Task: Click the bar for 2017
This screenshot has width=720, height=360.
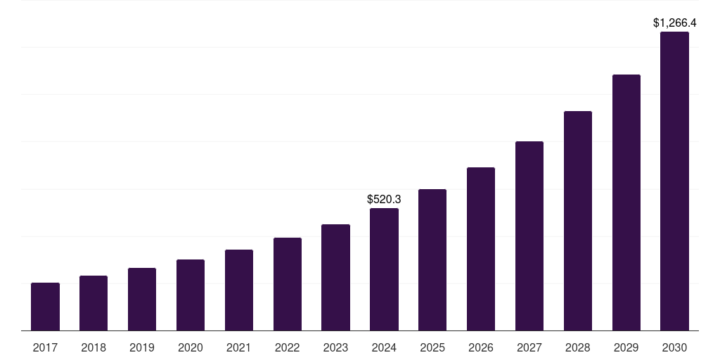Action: pyautogui.click(x=45, y=307)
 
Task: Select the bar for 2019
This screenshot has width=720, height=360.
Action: pyautogui.click(x=142, y=299)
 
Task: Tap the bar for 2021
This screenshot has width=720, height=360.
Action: pyautogui.click(x=239, y=290)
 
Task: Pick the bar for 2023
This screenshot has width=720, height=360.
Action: pyautogui.click(x=335, y=277)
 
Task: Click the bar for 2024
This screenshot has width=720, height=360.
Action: pyautogui.click(x=384, y=269)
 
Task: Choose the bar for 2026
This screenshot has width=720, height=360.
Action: pyautogui.click(x=481, y=249)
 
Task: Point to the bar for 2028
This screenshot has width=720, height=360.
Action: pyautogui.click(x=578, y=221)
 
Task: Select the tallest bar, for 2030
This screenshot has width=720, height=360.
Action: pyautogui.click(x=674, y=181)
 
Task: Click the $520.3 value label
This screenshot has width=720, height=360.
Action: pyautogui.click(x=384, y=200)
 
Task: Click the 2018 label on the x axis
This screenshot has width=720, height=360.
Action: pyautogui.click(x=94, y=347)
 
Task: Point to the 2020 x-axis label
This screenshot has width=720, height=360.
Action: pyautogui.click(x=191, y=347)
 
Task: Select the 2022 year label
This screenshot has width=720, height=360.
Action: pyautogui.click(x=288, y=347)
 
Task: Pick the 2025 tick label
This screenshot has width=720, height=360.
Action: pyautogui.click(x=432, y=347)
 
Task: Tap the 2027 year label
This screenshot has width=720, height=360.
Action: pyautogui.click(x=529, y=347)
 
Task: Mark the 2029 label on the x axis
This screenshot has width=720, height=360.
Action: pyautogui.click(x=626, y=347)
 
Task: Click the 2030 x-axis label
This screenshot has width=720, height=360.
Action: pyautogui.click(x=674, y=347)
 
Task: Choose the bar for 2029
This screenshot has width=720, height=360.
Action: pyautogui.click(x=626, y=202)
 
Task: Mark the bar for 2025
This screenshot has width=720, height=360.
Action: pyautogui.click(x=432, y=259)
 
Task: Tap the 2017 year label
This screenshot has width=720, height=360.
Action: pyautogui.click(x=45, y=347)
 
